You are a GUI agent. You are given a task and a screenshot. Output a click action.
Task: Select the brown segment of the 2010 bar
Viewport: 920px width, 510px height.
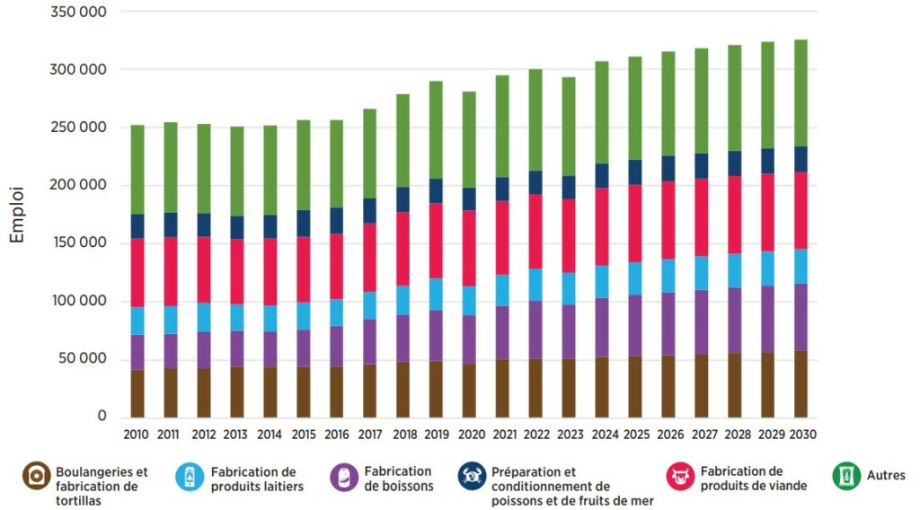[x=137, y=393]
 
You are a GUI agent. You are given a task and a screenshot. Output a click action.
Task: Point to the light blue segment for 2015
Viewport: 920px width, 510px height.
[x=304, y=316]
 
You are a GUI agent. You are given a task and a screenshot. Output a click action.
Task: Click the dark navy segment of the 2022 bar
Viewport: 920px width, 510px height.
[x=535, y=182]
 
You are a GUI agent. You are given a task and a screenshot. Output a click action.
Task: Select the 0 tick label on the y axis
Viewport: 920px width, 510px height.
[x=102, y=417]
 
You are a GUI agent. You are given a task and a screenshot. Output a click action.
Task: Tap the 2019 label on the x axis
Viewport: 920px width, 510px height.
[x=436, y=435]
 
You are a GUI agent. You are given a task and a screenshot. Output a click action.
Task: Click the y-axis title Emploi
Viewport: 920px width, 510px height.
[x=18, y=215]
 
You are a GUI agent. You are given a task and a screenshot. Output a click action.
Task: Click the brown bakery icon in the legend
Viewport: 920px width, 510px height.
[x=36, y=476]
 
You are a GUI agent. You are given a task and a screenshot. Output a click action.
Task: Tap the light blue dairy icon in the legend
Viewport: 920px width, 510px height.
[x=190, y=476]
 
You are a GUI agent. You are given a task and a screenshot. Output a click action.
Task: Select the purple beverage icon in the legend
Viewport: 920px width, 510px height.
[x=343, y=476]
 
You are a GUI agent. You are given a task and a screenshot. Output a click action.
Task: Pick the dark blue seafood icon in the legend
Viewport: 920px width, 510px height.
[x=472, y=476]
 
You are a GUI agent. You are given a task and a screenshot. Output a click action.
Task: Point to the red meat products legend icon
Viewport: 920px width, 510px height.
[x=680, y=476]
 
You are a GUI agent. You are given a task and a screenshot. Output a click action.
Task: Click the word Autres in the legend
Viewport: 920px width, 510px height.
[x=886, y=476]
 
